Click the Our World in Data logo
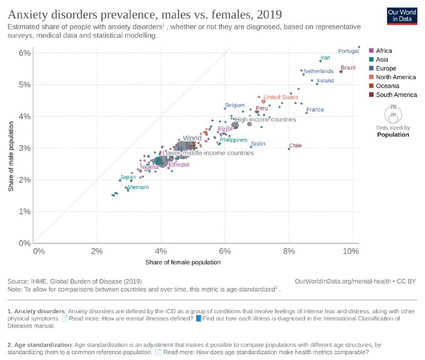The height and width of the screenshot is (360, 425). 402,16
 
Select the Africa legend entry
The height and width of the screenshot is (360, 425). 384,51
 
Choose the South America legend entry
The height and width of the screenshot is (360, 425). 396,95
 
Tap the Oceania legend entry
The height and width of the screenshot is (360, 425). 390,86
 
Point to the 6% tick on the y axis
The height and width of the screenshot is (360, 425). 24,53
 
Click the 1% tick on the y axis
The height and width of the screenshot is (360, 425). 24,211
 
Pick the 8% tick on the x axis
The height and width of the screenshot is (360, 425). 289,250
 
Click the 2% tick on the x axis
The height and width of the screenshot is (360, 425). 97,250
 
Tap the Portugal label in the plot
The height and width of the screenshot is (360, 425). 349,51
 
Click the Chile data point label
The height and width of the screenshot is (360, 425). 295,146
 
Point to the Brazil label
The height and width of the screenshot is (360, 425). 348,68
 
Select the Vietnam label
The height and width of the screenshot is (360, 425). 138,187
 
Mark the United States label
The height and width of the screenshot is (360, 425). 281,97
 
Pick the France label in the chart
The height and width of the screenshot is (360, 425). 315,110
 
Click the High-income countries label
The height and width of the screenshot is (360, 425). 265,120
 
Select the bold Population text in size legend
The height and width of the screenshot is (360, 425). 393,135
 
